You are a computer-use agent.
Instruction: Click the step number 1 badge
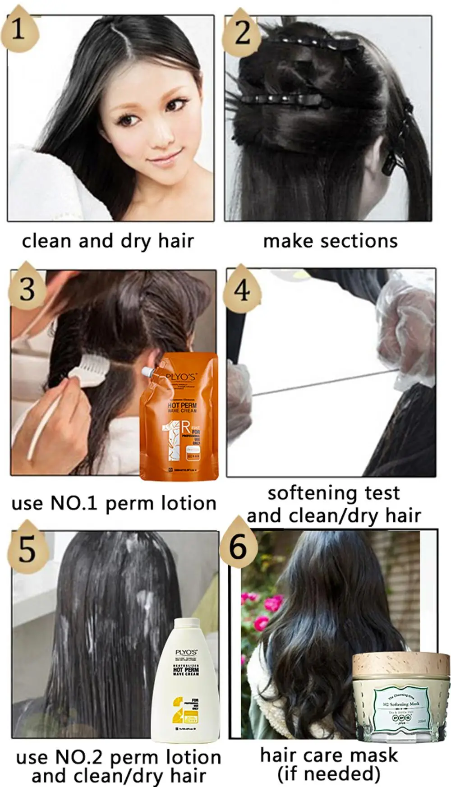pos(19,30)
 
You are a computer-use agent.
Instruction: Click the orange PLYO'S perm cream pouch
pos(181,417)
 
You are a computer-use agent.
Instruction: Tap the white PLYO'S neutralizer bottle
pos(185,681)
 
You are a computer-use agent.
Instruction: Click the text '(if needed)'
pos(329,774)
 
